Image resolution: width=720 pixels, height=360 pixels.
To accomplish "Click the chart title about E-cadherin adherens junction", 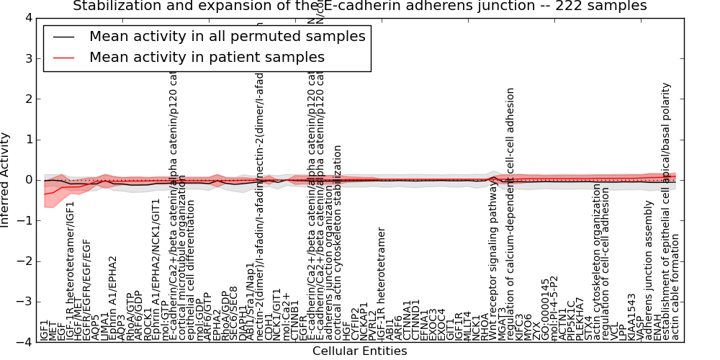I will coord(359,6).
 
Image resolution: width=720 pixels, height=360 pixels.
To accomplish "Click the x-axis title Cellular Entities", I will coord(359,351).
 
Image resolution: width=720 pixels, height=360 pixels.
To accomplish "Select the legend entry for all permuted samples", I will coord(227,37).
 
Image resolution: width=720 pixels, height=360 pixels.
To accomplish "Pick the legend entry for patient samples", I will coord(207,57).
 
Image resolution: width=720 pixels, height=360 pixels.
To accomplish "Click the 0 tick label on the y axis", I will coord(27,180).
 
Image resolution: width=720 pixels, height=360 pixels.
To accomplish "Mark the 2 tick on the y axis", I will coord(27,99).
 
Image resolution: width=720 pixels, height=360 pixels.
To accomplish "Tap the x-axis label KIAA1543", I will coord(632,316).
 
